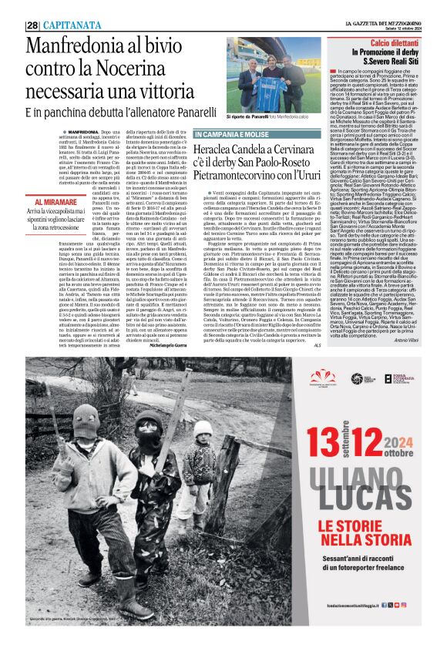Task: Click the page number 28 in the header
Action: (32, 25)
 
